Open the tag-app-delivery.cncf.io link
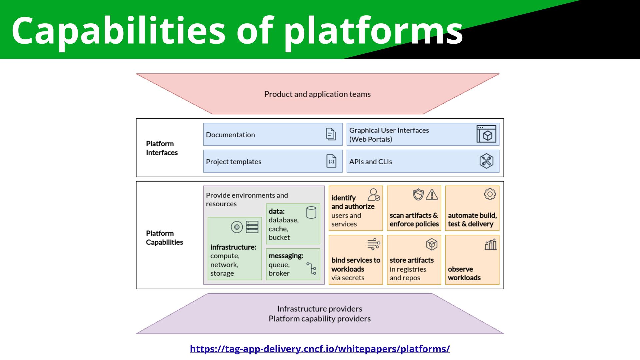click(320, 349)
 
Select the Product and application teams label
click(317, 94)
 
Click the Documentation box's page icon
click(331, 134)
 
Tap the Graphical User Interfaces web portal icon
click(486, 134)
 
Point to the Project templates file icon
click(331, 161)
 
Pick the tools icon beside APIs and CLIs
click(486, 161)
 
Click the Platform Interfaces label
click(162, 148)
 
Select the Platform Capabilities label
click(164, 238)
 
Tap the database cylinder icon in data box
click(311, 212)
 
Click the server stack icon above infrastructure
click(252, 227)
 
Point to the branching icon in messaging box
click(311, 268)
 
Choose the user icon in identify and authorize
click(374, 195)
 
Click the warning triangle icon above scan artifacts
click(432, 194)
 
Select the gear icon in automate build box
click(490, 194)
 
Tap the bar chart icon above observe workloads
click(490, 244)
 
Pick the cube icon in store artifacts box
click(432, 244)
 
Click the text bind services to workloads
click(356, 265)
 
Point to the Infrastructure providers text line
click(320, 309)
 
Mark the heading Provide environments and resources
click(247, 199)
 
